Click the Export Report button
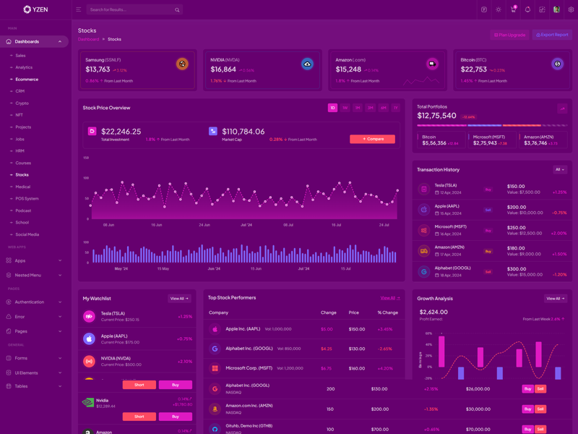pos(553,35)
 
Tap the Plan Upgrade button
pos(510,35)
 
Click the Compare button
pos(372,139)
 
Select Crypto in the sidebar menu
pos(22,103)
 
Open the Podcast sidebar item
pos(23,210)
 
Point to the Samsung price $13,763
pos(98,69)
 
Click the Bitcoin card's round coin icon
pos(557,64)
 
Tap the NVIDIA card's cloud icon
pos(307,64)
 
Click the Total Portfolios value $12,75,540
pos(436,116)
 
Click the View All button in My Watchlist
pos(178,299)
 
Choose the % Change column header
pos(388,312)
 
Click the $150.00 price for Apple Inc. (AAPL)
pos(357,329)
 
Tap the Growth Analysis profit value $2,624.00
pos(433,312)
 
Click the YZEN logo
pos(35,9)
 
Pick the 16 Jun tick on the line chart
pos(156,225)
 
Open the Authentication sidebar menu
pos(30,302)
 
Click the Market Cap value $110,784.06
pos(243,132)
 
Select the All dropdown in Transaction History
pos(559,170)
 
